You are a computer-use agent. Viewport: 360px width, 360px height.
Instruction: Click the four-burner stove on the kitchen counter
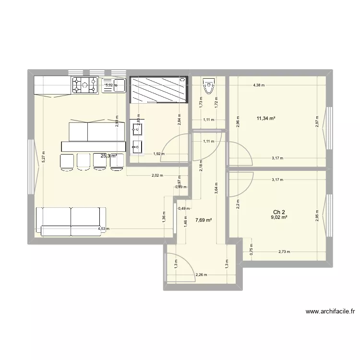[84, 85]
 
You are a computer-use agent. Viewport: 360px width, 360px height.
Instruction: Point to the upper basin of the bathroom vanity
[137, 128]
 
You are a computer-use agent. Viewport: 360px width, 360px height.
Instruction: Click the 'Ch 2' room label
[278, 212]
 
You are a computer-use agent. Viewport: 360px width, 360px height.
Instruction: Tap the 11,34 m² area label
[266, 118]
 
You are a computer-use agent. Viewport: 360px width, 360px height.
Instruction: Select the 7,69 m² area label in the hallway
[204, 220]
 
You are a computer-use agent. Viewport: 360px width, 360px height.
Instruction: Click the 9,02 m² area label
[278, 217]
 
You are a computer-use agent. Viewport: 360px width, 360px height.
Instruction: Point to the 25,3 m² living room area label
[109, 156]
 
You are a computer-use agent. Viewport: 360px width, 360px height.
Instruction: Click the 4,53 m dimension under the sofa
[103, 229]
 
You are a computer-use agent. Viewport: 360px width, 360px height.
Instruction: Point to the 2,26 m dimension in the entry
[201, 275]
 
